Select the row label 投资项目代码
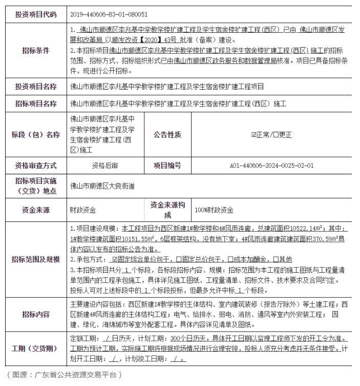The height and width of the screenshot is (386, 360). [36, 15]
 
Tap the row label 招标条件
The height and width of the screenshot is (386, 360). [36, 51]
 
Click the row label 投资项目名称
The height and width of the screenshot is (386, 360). [36, 87]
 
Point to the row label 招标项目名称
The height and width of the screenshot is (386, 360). [36, 104]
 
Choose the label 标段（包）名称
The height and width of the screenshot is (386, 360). [36, 135]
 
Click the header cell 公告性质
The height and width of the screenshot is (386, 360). [167, 135]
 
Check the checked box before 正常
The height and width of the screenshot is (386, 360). [253, 135]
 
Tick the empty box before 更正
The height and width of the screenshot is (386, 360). [276, 135]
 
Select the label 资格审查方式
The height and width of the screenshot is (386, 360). [36, 166]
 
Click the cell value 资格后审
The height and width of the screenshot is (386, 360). [105, 166]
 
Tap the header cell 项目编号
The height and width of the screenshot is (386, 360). [167, 166]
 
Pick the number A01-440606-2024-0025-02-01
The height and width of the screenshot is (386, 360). [271, 166]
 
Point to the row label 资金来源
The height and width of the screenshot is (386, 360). [36, 210]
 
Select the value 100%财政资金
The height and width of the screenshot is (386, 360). [214, 210]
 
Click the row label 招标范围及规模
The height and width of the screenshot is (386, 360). [36, 259]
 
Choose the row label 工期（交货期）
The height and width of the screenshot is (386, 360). [36, 348]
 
